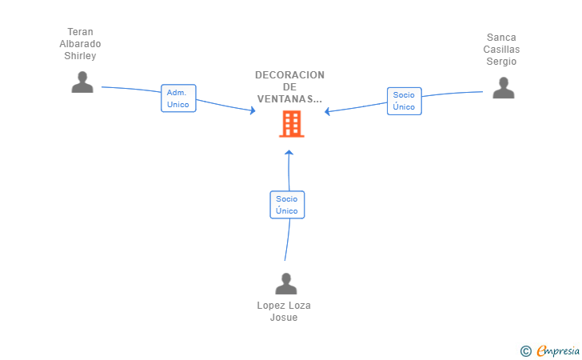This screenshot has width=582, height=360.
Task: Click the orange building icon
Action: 292,124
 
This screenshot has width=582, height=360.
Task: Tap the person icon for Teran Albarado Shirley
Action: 82,82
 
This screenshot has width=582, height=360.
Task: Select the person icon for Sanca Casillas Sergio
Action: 504,88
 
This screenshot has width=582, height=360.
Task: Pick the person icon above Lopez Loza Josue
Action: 286,283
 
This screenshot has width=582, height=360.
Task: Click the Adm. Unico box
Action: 178,98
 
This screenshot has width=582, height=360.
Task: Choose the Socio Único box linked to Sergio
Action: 405,101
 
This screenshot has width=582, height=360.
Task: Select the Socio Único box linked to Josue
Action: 287,205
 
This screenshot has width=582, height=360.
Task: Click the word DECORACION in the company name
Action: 289,75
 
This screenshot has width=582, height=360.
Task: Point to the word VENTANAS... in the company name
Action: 289,99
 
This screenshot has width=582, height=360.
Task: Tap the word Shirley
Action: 80,56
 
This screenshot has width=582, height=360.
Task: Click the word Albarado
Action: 80,44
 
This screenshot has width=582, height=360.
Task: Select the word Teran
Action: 80,32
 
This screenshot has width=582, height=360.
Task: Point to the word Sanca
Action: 501,38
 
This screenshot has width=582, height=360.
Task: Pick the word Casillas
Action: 501,50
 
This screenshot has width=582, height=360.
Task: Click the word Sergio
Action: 501,62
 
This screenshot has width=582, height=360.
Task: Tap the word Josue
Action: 284,318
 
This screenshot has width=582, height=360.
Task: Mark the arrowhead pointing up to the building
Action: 289,152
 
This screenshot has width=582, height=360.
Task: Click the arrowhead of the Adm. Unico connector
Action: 253,110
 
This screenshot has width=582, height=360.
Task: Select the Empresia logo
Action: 558,350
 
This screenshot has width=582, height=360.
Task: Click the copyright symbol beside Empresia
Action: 525,351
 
